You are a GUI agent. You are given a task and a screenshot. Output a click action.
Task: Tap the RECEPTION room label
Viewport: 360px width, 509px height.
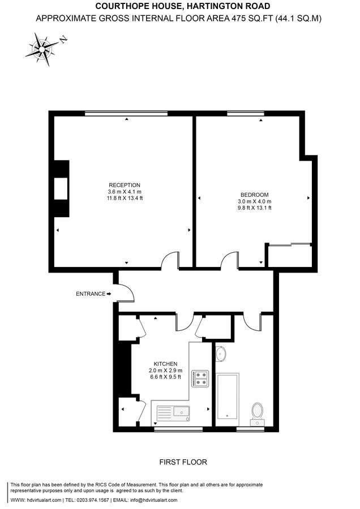pyautogui.click(x=125, y=185)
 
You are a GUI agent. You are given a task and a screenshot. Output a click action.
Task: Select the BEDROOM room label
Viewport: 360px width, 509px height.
pyautogui.click(x=255, y=195)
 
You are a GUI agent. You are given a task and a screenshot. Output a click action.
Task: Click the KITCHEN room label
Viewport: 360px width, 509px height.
pyautogui.click(x=166, y=364)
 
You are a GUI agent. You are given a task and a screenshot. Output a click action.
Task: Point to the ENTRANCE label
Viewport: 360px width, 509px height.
pyautogui.click(x=91, y=294)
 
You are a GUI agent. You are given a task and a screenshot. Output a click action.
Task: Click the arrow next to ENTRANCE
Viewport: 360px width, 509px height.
pyautogui.click(x=109, y=294)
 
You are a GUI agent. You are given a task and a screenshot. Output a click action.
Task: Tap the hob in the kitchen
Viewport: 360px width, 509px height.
pyautogui.click(x=201, y=378)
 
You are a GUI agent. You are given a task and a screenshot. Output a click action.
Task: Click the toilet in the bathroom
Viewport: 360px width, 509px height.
pyautogui.click(x=258, y=412)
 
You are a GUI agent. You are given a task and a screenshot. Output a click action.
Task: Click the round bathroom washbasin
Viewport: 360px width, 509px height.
pyautogui.click(x=221, y=353)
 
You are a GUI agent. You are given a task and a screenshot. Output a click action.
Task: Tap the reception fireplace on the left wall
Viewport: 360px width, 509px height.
pyautogui.click(x=61, y=188)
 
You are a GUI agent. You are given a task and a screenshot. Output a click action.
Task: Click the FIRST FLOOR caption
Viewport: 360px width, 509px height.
pyautogui.click(x=183, y=462)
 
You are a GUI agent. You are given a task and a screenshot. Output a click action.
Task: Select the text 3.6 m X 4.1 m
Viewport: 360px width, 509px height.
pyautogui.click(x=125, y=192)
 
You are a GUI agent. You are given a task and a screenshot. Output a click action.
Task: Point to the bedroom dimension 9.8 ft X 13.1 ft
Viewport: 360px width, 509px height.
pyautogui.click(x=255, y=208)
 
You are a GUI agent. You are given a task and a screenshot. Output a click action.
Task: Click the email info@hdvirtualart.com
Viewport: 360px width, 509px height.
pyautogui.click(x=151, y=500)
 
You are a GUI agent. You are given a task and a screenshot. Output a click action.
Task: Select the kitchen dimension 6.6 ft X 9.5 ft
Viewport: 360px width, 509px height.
pyautogui.click(x=166, y=377)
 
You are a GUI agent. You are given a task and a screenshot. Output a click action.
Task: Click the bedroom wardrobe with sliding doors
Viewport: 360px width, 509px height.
pyautogui.click(x=289, y=255)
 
